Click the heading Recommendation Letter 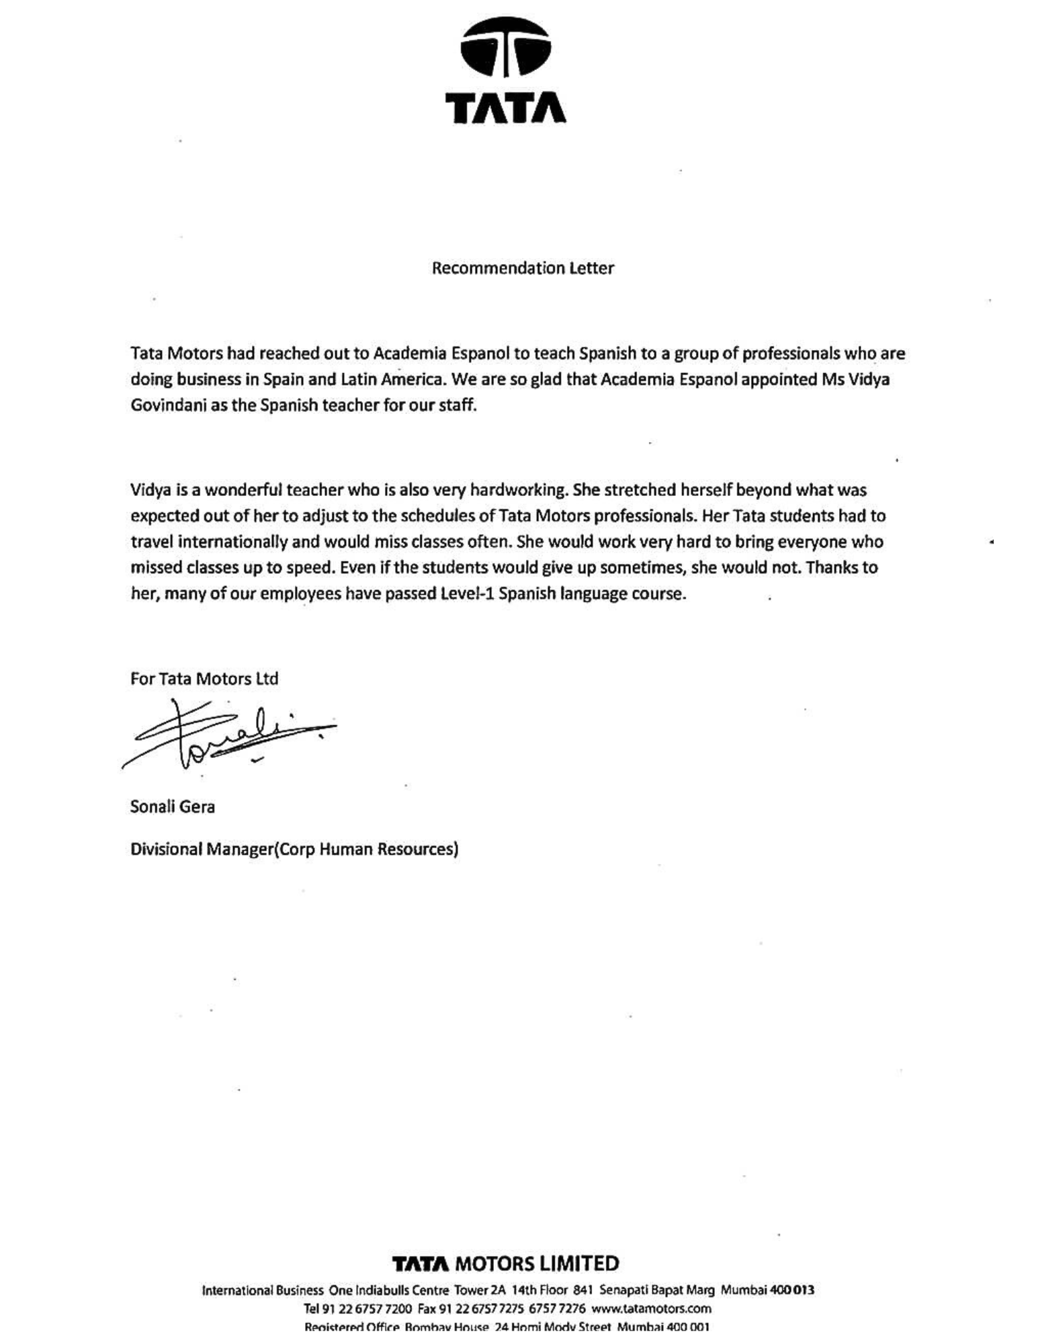click(523, 268)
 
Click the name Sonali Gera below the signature click(173, 806)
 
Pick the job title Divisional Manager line click(294, 849)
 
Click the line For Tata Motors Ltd click(204, 679)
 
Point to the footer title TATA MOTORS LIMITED click(505, 1264)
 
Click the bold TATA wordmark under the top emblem click(506, 108)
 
